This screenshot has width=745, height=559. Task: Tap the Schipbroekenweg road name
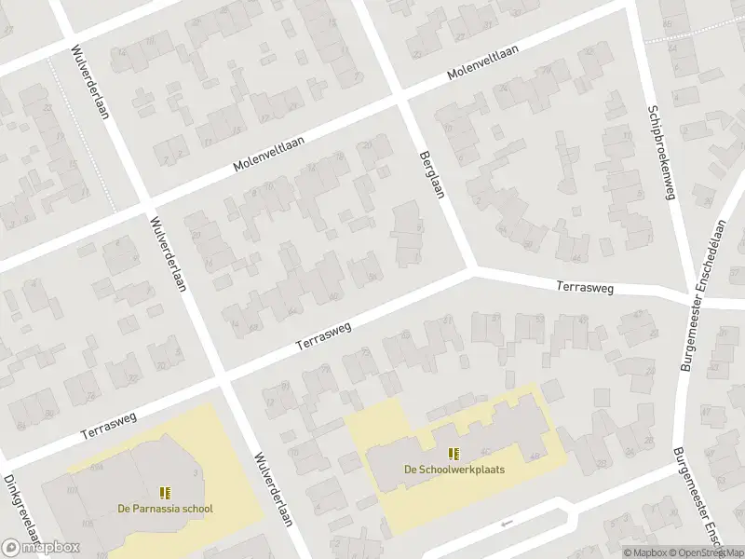[x=660, y=153]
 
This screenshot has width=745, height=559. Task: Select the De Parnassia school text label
[x=165, y=509]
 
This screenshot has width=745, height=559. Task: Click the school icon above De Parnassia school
[x=165, y=493]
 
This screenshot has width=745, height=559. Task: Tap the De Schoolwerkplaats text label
[x=454, y=470]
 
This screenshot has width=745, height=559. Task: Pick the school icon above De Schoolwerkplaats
[x=454, y=454]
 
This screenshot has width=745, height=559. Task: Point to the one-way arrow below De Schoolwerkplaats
[x=507, y=523]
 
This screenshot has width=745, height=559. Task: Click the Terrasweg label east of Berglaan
[x=586, y=288]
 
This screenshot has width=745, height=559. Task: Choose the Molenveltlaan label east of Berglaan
[x=481, y=62]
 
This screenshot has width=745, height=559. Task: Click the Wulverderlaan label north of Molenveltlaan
[x=88, y=83]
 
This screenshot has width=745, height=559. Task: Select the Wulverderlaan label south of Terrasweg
[x=273, y=489]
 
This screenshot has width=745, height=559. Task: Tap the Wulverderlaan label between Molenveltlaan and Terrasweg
[x=169, y=254]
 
